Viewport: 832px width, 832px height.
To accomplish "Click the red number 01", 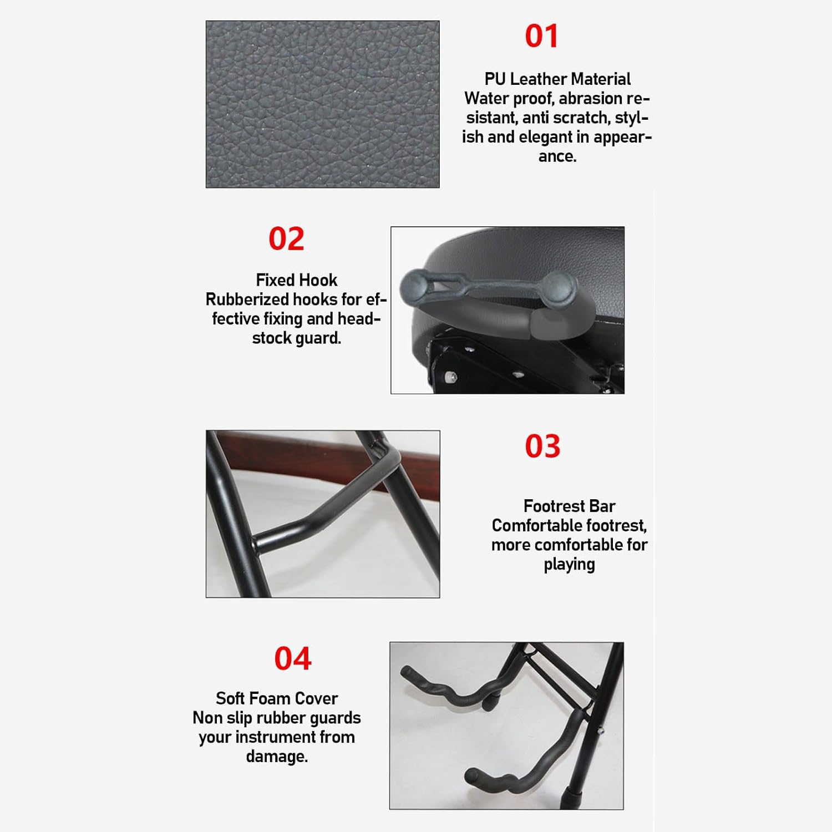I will click(x=541, y=36).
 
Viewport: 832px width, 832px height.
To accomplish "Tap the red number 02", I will click(x=286, y=239).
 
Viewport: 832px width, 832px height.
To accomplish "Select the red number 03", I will click(x=542, y=447).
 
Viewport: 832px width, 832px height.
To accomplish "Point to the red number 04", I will click(x=293, y=658).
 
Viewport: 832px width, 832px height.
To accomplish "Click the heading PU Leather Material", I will click(x=557, y=79).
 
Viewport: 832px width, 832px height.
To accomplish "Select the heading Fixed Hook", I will click(x=296, y=280).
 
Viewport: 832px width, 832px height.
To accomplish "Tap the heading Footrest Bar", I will click(x=569, y=506).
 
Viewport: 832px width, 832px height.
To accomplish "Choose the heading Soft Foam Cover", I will click(x=276, y=698).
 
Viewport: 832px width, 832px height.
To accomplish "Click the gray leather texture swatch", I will click(x=322, y=104).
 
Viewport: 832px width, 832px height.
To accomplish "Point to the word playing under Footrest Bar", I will click(x=569, y=565).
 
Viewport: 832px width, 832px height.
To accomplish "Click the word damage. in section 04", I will click(x=276, y=756).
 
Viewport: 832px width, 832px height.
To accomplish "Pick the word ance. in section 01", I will click(x=557, y=156).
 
